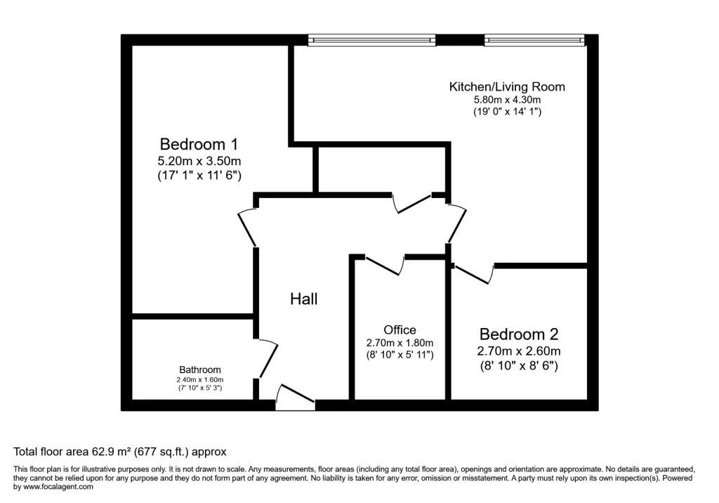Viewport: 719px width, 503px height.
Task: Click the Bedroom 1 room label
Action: coord(199,145)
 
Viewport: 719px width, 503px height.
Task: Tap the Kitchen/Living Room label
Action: coord(507,87)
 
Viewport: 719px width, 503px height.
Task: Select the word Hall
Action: coord(304,299)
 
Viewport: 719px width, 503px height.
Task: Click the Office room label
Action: coord(400,330)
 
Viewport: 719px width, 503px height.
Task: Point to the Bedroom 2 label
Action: coord(519,334)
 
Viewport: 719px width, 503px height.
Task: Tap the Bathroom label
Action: coord(200,370)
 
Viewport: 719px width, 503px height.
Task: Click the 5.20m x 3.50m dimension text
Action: coord(199,162)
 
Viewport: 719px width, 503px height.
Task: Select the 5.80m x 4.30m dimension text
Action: coord(507,100)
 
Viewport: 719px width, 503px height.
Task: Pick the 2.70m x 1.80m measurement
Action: coord(400,343)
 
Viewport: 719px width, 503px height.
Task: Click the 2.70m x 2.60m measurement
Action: coord(519,351)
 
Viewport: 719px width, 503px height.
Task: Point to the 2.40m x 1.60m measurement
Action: coord(200,379)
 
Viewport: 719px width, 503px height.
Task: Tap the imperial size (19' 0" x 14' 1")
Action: coord(507,112)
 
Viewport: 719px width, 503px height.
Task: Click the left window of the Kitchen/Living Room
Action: coord(371,40)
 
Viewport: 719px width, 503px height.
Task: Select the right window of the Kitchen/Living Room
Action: coord(534,40)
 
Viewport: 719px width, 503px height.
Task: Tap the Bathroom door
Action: coord(267,358)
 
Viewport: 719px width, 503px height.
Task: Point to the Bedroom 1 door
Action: coord(247,227)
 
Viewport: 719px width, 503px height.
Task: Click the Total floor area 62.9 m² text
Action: coord(120,452)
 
